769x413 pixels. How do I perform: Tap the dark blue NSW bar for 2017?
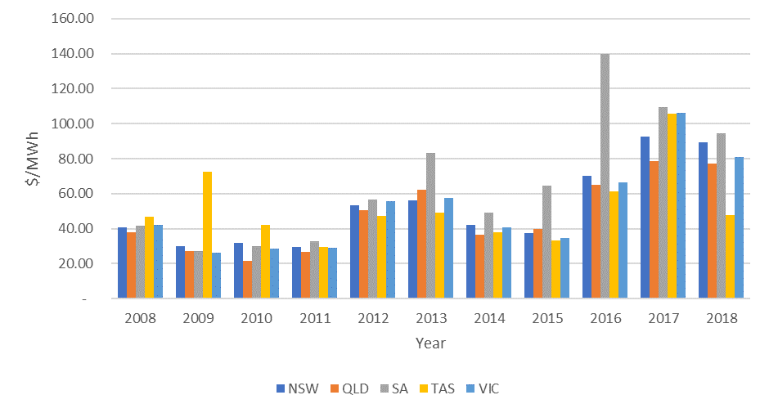pyautogui.click(x=645, y=218)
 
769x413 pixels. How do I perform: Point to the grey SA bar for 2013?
pyautogui.click(x=431, y=226)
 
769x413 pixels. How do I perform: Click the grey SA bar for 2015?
pyautogui.click(x=547, y=242)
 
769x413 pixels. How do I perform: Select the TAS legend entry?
pyautogui.click(x=432, y=388)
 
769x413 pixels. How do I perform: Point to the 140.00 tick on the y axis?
pyautogui.click(x=73, y=54)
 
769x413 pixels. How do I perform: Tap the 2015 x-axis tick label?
pyautogui.click(x=546, y=318)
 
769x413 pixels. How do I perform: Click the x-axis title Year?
pyautogui.click(x=430, y=343)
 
